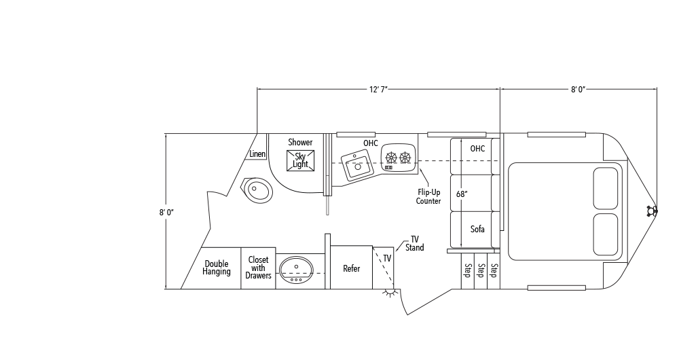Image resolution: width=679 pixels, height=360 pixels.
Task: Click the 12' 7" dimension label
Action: tap(378, 90)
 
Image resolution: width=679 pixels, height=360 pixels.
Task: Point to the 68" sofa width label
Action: tap(462, 194)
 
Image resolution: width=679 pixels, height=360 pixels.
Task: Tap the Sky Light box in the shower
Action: tap(300, 160)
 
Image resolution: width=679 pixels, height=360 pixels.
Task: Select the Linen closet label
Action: tap(257, 154)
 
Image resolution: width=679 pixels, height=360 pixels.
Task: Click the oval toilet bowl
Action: tap(258, 190)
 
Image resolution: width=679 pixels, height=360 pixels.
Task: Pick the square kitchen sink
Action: tap(357, 164)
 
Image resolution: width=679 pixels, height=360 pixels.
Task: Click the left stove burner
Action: tap(392, 158)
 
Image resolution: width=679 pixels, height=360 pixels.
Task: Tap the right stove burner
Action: tap(405, 158)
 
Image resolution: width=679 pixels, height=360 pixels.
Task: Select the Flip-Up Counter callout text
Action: tap(428, 197)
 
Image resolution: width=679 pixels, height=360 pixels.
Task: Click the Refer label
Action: tap(351, 268)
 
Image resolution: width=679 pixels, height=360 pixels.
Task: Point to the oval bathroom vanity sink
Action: tap(296, 270)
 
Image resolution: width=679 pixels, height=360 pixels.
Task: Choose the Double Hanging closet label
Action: tap(217, 268)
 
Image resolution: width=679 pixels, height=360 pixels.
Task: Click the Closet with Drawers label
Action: tap(258, 268)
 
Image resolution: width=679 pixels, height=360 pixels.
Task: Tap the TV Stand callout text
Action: tap(414, 244)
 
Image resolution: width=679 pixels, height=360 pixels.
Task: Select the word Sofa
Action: tap(477, 229)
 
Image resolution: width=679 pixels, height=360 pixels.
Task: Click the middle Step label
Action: tap(481, 270)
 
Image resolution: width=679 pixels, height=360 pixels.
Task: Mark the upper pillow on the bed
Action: tap(606, 188)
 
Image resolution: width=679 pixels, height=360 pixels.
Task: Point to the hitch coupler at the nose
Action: tap(652, 211)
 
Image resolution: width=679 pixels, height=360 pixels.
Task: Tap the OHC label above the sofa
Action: tap(477, 149)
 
